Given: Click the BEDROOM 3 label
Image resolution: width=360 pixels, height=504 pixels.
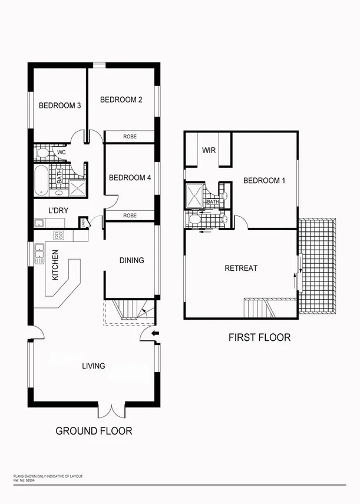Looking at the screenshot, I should coord(60,106).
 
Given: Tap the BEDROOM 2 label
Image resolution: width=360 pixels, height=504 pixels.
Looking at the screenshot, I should coord(121,100).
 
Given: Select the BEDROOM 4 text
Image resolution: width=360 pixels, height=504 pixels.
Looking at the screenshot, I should coord(130,177).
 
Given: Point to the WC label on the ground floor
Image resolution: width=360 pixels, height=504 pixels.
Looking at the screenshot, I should coord(61,152).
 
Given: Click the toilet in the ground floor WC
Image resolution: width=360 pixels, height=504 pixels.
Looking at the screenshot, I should coord(42,154).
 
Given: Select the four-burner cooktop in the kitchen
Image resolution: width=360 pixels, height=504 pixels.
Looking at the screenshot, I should coord(59,235).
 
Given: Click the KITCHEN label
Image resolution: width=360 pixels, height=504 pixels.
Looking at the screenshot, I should coord(55,265).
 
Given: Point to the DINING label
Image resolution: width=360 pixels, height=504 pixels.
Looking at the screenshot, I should coord(131,260).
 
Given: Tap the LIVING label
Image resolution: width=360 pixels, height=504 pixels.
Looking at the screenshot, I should coord(94,366).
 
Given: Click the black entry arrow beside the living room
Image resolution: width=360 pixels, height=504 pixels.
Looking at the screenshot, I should coord(155,335).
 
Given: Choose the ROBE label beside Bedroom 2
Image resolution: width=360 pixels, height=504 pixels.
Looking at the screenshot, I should coord(130,136).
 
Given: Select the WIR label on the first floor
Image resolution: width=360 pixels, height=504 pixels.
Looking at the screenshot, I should coord(209,150).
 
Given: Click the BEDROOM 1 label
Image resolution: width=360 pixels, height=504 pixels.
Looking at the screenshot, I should coord(264,181).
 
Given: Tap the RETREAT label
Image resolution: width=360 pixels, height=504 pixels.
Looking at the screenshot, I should coord(241,268).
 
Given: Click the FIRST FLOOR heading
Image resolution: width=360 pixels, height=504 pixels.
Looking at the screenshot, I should coord(259,338).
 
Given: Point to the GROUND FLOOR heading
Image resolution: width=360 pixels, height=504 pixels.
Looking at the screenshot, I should coord(94,431).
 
